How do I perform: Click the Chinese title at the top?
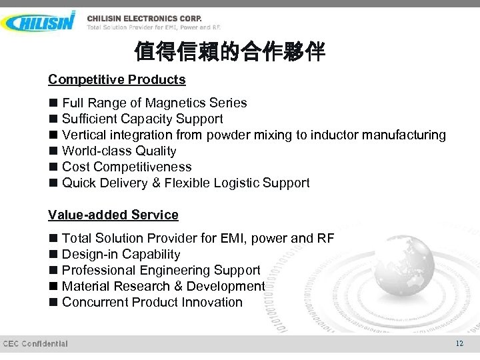(229, 51)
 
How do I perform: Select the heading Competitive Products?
(117, 79)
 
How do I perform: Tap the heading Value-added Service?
(113, 215)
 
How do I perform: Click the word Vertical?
(83, 135)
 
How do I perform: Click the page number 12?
(459, 343)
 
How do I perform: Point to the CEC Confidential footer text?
(35, 343)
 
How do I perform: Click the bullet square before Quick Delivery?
(53, 183)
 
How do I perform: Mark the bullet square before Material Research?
(53, 286)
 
